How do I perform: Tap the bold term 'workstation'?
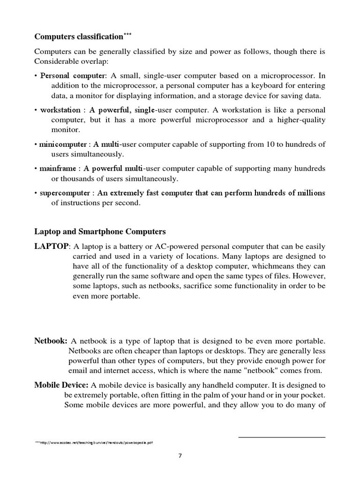[x=60, y=110]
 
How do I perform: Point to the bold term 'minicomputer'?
[x=63, y=144]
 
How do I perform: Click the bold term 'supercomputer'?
[x=65, y=193]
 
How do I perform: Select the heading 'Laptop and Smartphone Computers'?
[x=100, y=232]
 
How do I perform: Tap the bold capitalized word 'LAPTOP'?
[x=52, y=247]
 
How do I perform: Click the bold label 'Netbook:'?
[x=51, y=340]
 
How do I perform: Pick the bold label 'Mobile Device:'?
[x=61, y=385]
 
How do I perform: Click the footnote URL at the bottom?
[x=94, y=442]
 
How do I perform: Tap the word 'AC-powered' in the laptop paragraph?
[x=168, y=247]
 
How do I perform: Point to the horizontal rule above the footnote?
[x=282, y=437]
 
